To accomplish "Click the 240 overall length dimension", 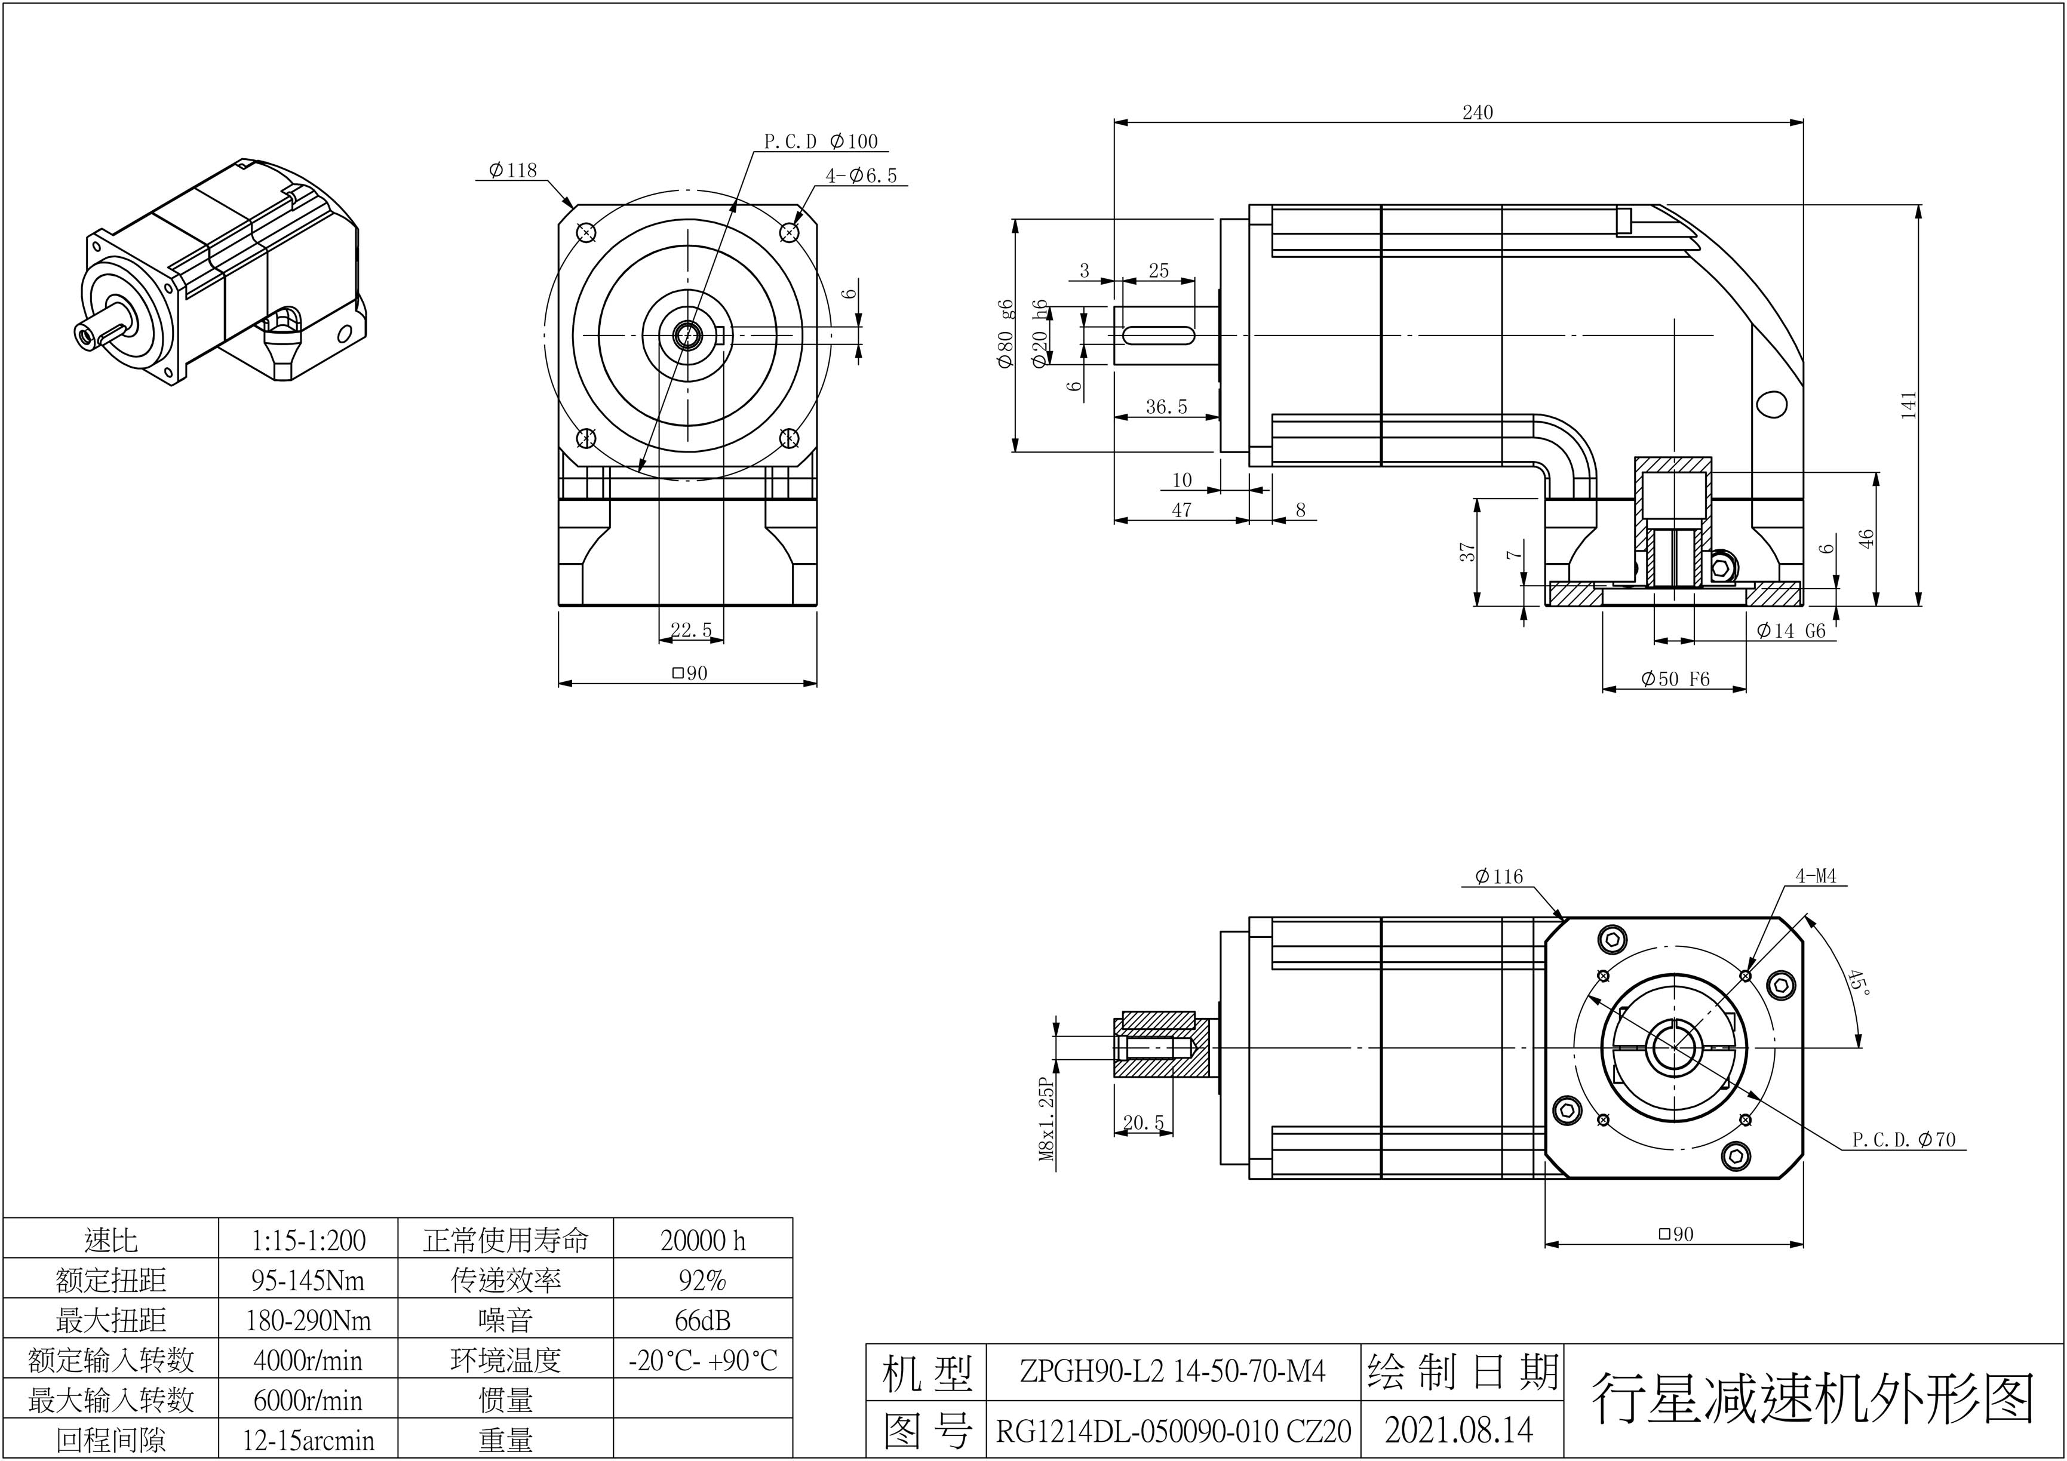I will (1478, 112).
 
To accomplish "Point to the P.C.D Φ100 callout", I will (820, 142).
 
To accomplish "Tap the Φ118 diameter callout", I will (512, 170).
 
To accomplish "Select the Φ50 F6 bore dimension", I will (1675, 679).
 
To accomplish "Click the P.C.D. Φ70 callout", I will (1904, 1140).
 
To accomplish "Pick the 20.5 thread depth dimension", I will (1143, 1122).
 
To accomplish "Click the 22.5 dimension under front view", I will (692, 630).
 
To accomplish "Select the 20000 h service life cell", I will (703, 1241).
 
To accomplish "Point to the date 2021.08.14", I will (1460, 1429).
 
